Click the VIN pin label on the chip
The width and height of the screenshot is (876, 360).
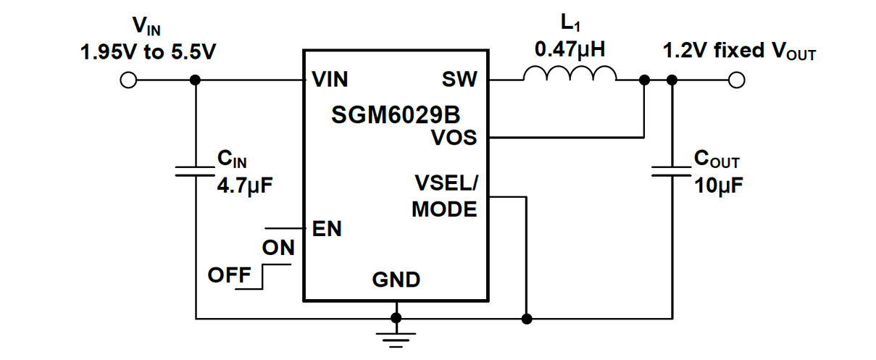click(x=330, y=80)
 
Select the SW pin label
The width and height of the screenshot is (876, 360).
click(x=459, y=80)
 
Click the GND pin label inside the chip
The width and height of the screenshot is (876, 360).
click(x=396, y=280)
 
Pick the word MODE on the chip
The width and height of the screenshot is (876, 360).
click(x=444, y=209)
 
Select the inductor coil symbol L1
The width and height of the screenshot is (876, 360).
click(x=570, y=75)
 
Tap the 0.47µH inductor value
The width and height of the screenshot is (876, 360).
click(x=569, y=50)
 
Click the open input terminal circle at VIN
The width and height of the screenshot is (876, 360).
click(x=128, y=80)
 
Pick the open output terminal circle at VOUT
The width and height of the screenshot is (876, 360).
click(x=737, y=80)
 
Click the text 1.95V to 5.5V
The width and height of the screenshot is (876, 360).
click(x=149, y=53)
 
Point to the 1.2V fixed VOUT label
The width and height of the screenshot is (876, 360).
click(x=739, y=51)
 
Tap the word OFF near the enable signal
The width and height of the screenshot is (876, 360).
click(x=229, y=275)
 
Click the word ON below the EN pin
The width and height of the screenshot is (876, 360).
click(x=278, y=248)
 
